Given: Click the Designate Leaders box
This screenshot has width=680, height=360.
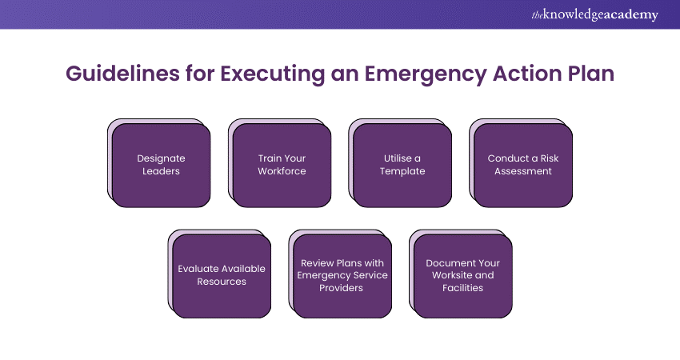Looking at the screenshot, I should [161, 166].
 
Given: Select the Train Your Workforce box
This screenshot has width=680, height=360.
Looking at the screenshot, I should [282, 166].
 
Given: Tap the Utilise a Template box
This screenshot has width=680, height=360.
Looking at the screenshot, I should [402, 166].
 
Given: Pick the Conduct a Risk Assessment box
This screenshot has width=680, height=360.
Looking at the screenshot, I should [523, 166].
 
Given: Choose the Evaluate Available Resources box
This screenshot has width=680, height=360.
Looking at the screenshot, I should [222, 276].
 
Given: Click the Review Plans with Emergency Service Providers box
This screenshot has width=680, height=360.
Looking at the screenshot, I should [342, 276].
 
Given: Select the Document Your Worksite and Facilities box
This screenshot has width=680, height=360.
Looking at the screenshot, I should [462, 276].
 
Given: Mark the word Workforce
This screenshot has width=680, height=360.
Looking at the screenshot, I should [282, 171].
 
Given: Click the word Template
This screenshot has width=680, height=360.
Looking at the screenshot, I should [402, 171].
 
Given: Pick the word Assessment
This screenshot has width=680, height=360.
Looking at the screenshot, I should [523, 171].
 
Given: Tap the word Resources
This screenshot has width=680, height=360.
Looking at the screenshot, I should [222, 282].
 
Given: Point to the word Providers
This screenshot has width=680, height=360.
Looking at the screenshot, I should [342, 288].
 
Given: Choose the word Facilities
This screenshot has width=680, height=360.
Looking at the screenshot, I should [462, 288].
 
